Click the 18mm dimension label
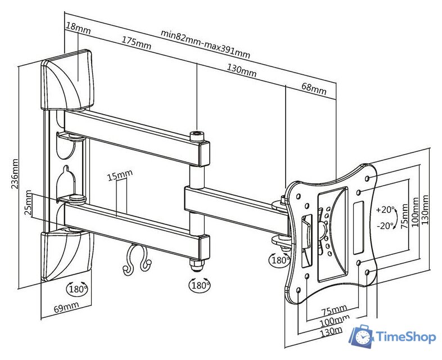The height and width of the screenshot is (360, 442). [x=78, y=27]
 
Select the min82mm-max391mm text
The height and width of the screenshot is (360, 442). [x=205, y=44]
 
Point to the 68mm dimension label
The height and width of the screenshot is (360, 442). [x=314, y=89]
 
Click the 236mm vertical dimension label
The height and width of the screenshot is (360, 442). [x=15, y=174]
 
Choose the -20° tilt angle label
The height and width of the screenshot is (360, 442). [x=385, y=226]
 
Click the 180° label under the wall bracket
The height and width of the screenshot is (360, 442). [x=78, y=289]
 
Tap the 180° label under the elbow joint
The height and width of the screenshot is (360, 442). [x=200, y=285]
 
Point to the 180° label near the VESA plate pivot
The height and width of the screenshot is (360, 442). [x=280, y=260]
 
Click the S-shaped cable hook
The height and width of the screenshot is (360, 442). [x=137, y=260]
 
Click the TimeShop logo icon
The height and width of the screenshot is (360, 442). [x=361, y=336]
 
